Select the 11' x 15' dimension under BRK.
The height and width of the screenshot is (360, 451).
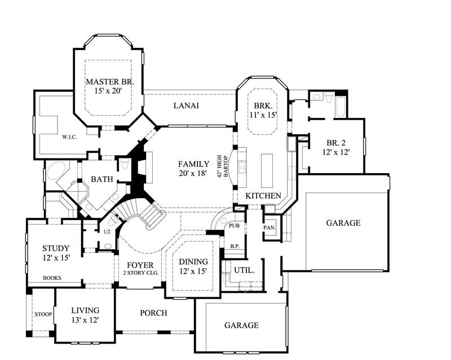click(x=263, y=115)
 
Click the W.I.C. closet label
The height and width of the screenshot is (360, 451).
click(x=69, y=137)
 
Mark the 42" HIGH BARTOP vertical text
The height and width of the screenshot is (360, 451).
click(x=224, y=166)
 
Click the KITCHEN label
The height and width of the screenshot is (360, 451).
click(x=263, y=195)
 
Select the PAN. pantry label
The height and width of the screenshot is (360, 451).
click(x=269, y=227)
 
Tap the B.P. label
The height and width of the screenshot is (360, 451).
click(x=235, y=246)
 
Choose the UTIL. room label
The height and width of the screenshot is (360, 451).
click(x=244, y=270)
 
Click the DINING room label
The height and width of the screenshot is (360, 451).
click(x=193, y=262)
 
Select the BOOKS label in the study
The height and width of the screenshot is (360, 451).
click(x=52, y=278)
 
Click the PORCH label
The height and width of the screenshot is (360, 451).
click(x=154, y=313)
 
